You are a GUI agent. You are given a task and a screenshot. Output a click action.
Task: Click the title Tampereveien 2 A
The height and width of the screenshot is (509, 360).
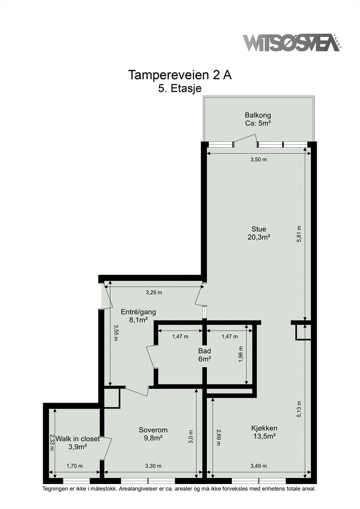tap(180, 75)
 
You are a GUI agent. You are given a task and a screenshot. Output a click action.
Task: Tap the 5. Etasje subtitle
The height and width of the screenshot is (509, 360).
tap(180, 88)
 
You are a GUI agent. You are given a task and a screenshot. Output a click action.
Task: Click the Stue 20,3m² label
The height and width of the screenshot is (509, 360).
tap(259, 233)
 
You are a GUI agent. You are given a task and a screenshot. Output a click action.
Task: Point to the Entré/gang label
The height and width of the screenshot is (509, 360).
tap(138, 316)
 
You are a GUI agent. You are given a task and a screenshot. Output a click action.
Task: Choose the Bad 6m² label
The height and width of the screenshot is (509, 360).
tap(205, 355)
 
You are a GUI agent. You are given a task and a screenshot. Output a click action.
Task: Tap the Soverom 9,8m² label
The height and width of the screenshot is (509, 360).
tap(153, 434)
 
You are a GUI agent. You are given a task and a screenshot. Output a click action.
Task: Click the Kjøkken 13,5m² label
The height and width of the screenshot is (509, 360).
tap(264, 432)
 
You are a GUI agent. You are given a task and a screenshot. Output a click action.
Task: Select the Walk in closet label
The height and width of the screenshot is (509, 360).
tap(78, 443)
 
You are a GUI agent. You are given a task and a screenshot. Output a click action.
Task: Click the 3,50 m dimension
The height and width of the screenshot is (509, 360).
tap(258, 159)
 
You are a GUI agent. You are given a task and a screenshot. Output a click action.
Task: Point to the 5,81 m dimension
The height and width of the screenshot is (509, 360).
tap(299, 234)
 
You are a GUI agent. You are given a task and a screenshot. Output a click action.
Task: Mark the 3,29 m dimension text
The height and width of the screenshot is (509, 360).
tap(154, 292)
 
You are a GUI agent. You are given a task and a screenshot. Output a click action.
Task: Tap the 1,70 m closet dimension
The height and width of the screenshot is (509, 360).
tap(74, 466)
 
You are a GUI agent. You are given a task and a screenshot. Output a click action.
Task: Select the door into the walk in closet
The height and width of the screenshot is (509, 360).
tap(107, 448)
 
